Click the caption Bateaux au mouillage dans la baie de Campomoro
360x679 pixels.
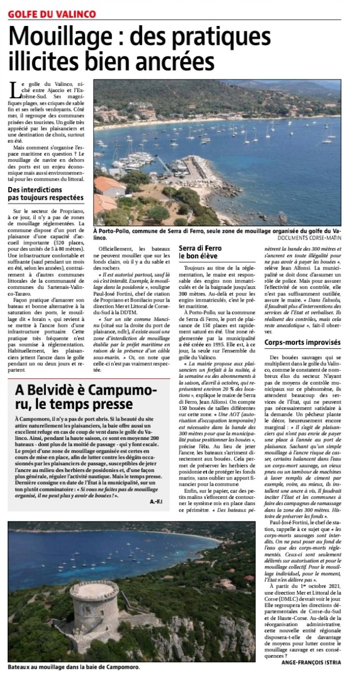click(x=74, y=667)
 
